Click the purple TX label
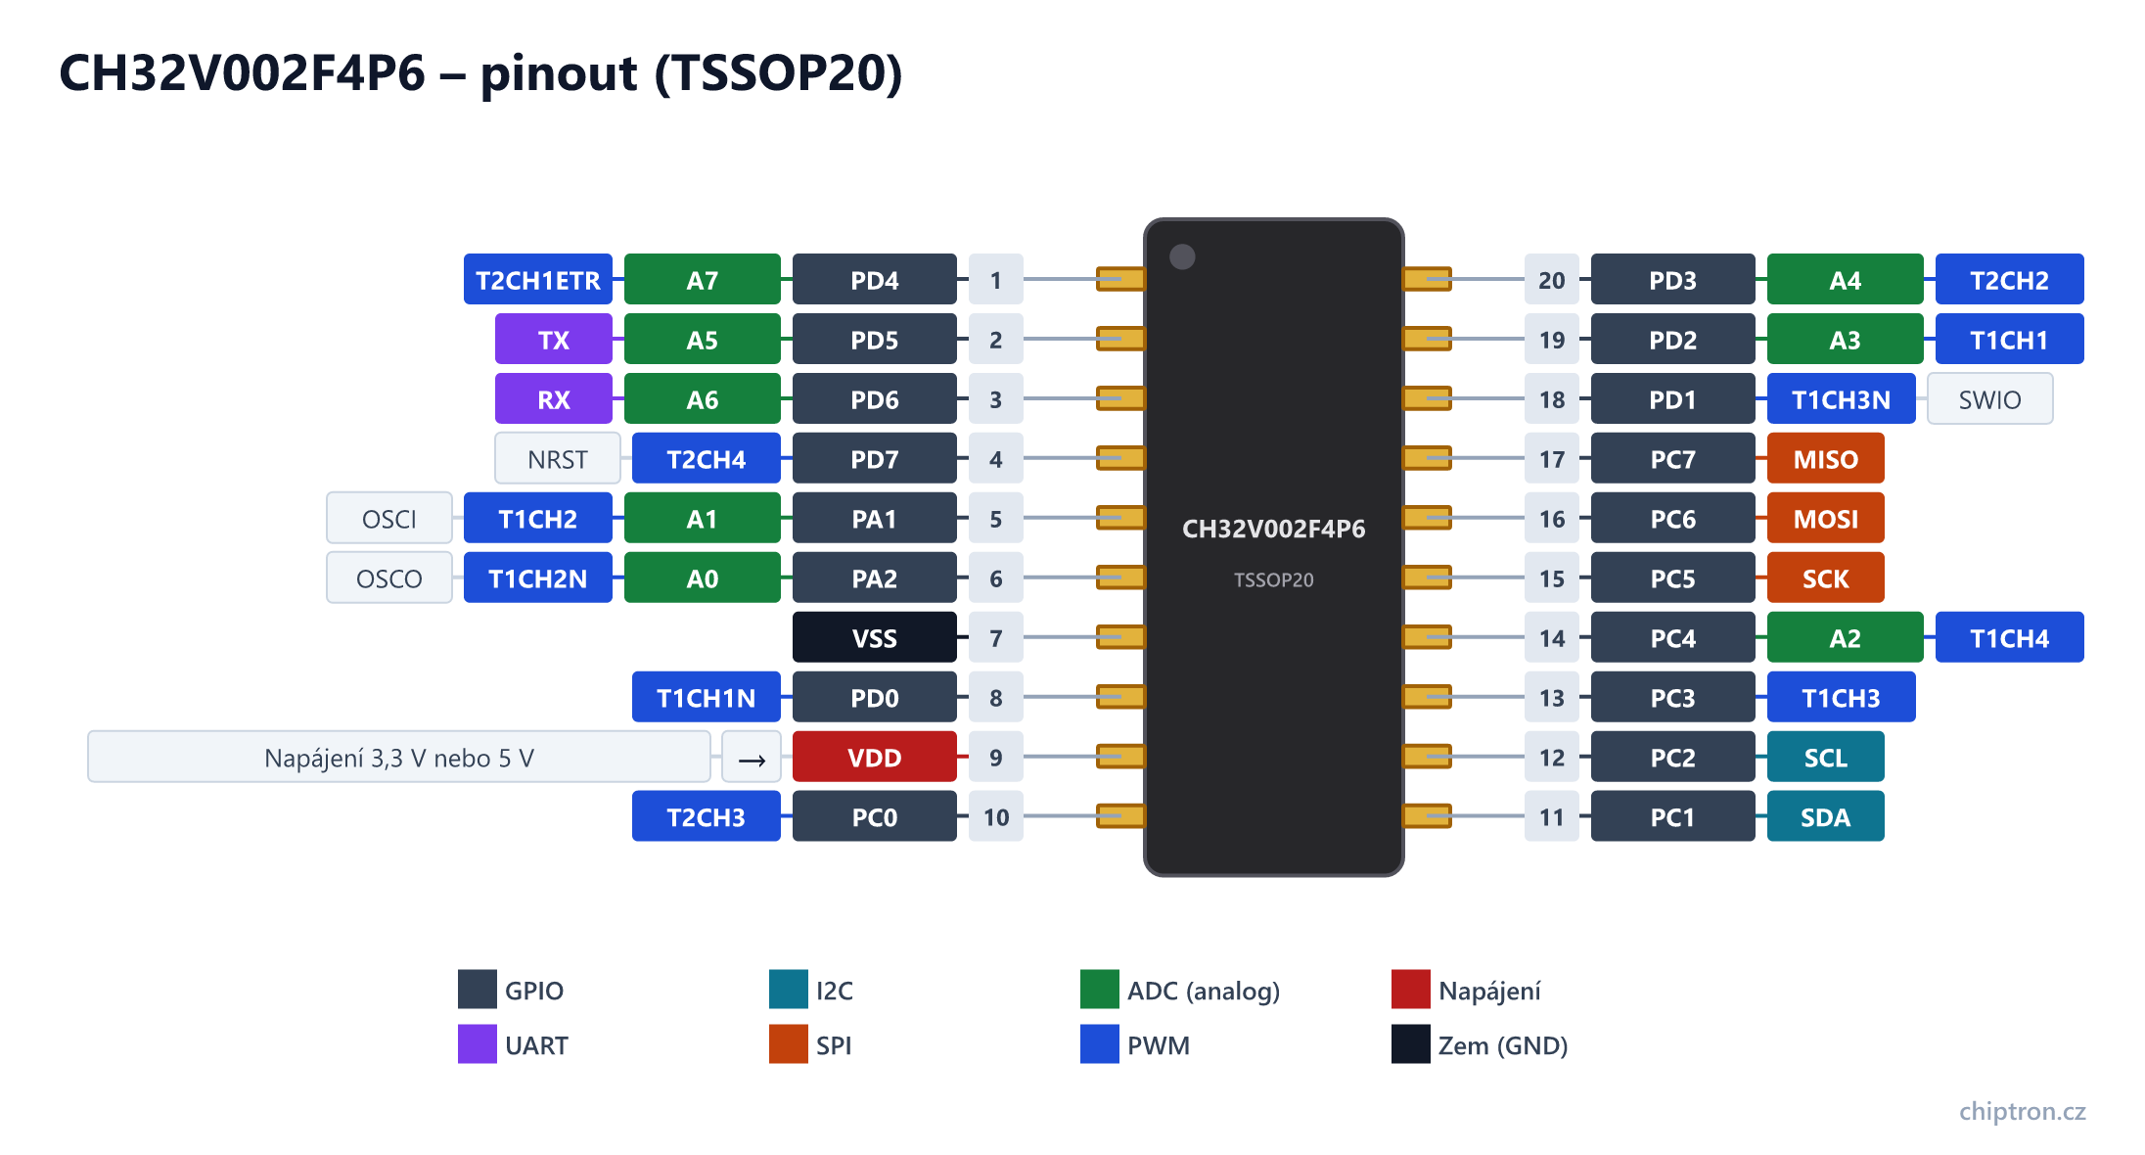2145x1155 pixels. (554, 340)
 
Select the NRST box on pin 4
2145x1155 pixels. (558, 459)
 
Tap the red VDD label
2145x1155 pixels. (875, 758)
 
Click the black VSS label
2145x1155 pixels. (875, 638)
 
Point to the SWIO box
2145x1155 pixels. (1990, 399)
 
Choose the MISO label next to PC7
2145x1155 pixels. (1826, 459)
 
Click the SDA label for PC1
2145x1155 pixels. (1826, 817)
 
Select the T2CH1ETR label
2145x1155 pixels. (538, 280)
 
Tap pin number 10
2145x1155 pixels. (996, 817)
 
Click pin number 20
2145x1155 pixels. (1552, 280)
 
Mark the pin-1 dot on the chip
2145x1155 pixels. (1182, 256)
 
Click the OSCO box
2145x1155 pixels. (389, 578)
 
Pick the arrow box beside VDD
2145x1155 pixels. (752, 758)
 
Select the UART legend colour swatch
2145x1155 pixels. (478, 1044)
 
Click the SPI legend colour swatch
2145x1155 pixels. (789, 1044)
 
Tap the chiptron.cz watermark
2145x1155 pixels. (2023, 1112)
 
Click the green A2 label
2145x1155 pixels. (1846, 638)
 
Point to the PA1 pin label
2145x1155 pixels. (875, 519)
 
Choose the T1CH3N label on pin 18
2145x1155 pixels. (1842, 399)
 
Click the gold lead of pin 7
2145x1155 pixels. (1120, 638)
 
